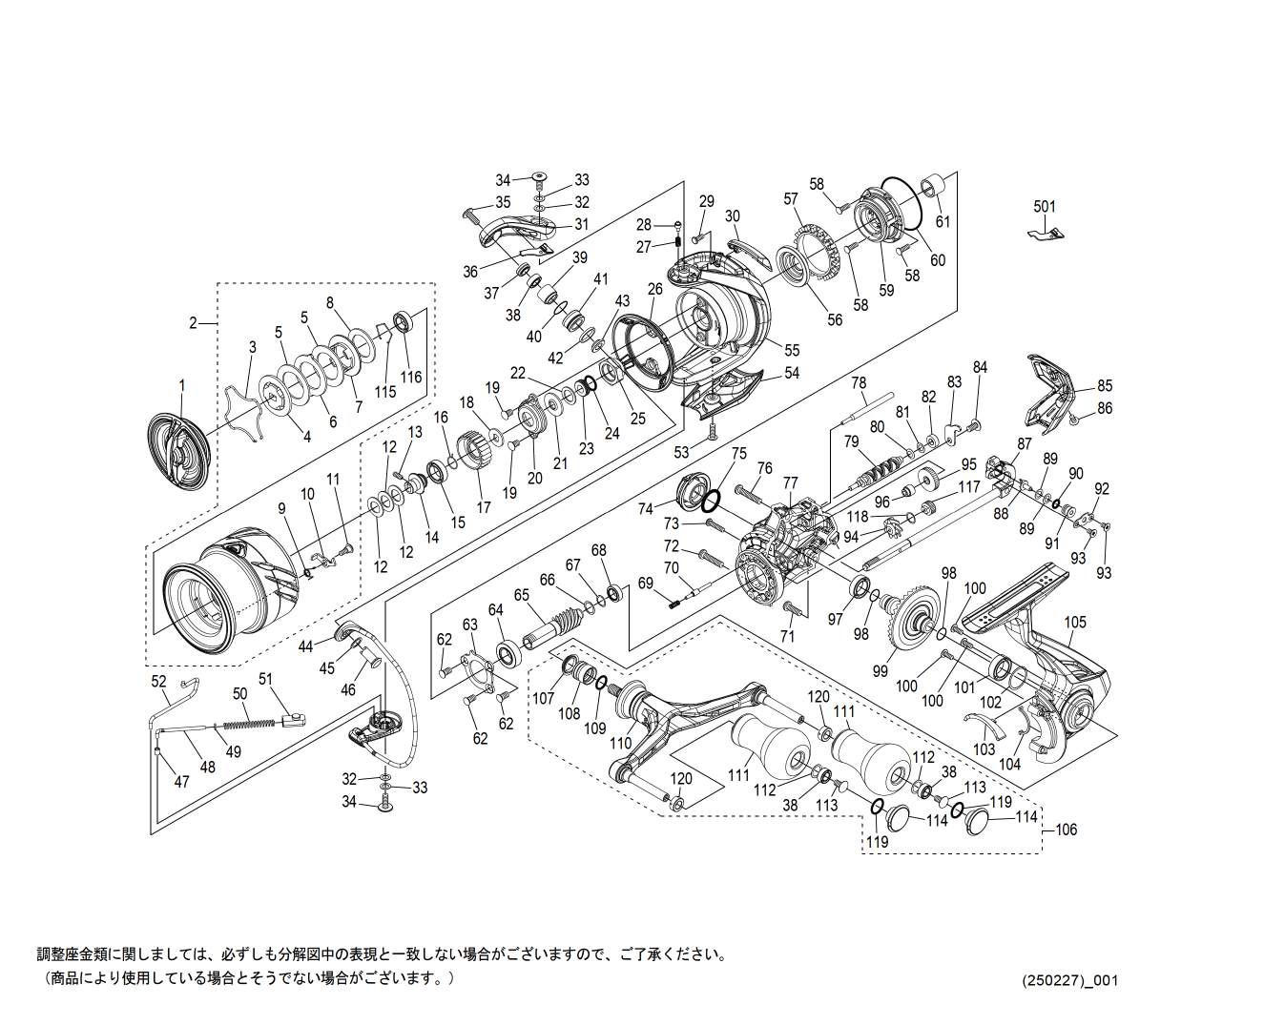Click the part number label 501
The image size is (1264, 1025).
[1045, 206]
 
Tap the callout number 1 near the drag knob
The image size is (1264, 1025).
[182, 386]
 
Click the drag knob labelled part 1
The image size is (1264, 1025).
[178, 451]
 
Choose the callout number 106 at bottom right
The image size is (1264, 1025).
[1066, 830]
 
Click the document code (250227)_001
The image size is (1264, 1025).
[1069, 980]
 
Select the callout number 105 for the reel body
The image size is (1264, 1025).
[1075, 623]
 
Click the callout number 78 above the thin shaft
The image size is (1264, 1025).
[859, 383]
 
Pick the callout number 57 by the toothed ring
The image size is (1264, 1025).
[791, 199]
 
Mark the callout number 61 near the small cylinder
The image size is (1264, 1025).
[943, 222]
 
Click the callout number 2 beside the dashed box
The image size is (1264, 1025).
[193, 322]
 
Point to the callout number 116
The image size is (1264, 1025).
[410, 377]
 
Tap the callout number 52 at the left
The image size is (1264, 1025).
[159, 682]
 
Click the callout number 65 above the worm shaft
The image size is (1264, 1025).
[522, 595]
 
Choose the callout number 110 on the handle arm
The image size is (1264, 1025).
[621, 743]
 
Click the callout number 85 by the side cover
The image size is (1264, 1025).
[1104, 386]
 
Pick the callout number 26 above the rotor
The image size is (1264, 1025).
[654, 289]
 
